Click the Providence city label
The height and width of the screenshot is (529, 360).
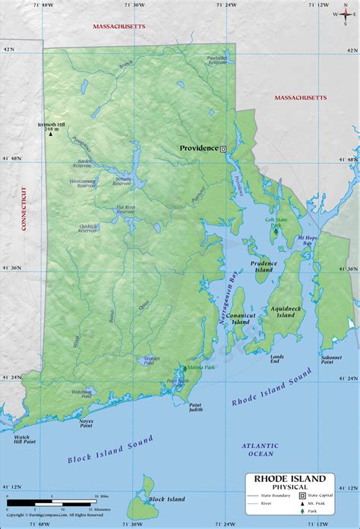(197, 148)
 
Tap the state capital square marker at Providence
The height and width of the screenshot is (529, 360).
(223, 149)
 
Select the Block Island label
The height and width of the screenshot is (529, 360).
(166, 499)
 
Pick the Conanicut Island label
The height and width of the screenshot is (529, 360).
(239, 318)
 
